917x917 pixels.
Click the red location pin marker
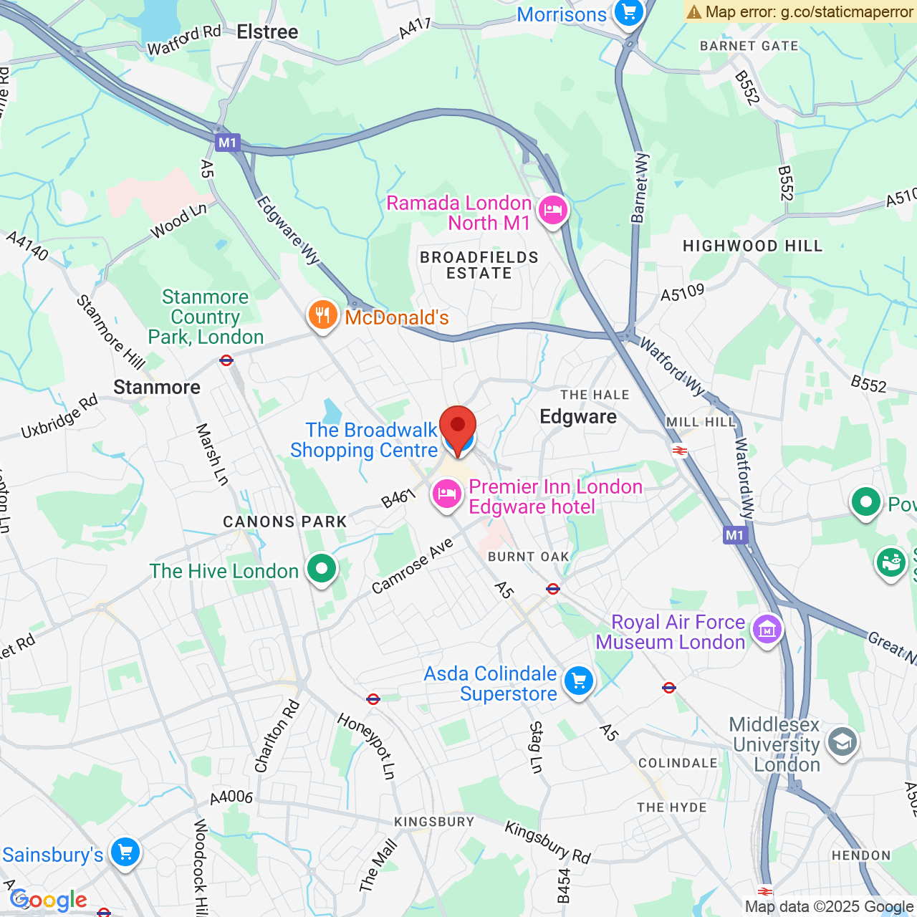457,426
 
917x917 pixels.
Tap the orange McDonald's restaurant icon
323,315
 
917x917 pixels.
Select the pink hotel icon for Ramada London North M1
552,211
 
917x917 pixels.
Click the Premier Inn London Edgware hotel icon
447,494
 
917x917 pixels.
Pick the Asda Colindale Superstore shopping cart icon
579,681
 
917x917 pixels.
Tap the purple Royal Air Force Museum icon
767,630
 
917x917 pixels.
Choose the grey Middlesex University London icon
842,742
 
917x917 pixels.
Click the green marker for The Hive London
322,570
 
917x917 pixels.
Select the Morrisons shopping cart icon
629,13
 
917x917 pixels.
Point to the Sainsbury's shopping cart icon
125,853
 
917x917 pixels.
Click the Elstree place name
267,32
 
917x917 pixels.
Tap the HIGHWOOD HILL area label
752,246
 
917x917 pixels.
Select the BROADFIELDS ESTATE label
479,265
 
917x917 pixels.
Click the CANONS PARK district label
285,522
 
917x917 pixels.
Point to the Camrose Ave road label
413,565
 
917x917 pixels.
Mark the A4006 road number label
231,797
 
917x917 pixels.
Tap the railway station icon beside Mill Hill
680,451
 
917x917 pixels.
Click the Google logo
49,900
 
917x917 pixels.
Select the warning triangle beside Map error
693,11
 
